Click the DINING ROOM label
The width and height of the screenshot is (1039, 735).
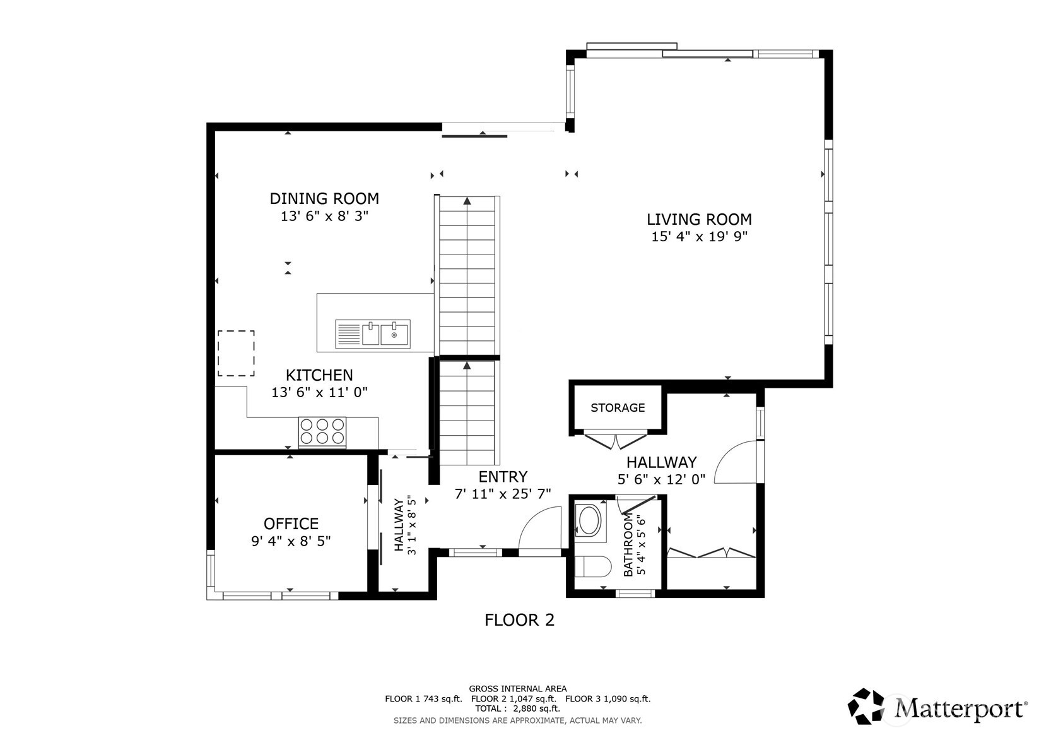tap(324, 198)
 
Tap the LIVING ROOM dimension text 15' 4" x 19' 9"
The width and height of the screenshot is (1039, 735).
tap(699, 237)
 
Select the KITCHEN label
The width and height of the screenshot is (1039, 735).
tap(319, 375)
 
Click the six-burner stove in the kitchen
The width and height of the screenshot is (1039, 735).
tap(322, 432)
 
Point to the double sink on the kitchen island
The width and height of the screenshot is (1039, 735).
tap(372, 334)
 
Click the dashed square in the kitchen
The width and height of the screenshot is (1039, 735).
tap(236, 354)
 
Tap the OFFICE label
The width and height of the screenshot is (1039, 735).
tap(291, 523)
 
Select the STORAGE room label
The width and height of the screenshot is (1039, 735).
tap(618, 408)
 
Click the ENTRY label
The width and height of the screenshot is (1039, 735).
tap(503, 477)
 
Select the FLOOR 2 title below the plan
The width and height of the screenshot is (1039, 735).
tap(519, 620)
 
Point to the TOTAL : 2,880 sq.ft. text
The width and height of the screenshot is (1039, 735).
tap(517, 708)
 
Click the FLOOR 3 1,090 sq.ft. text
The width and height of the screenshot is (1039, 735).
tap(608, 699)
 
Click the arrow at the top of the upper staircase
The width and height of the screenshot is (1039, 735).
tap(467, 201)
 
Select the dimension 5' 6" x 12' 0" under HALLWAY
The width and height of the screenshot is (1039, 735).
tap(661, 479)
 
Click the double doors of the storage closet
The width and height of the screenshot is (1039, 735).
tap(616, 439)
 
